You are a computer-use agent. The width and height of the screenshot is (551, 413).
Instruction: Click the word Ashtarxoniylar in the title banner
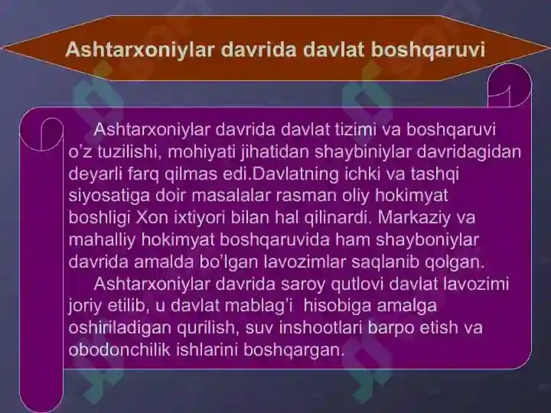pos(139,49)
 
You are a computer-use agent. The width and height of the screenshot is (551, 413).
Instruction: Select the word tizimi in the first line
pos(355,129)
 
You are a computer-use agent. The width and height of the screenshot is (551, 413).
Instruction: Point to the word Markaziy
pos(414,218)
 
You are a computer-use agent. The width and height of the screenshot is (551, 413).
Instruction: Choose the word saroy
pos(303,284)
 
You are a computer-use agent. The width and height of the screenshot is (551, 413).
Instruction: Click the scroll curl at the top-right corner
pos(509,86)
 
